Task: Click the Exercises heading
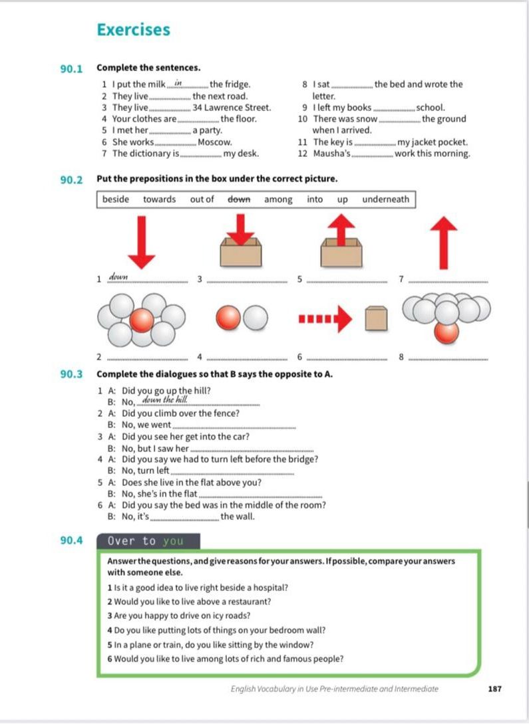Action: click(x=134, y=30)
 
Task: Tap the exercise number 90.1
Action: click(x=71, y=69)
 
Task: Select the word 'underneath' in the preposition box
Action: click(x=386, y=199)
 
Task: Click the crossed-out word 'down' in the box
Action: click(x=239, y=199)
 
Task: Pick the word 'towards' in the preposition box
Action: click(x=160, y=199)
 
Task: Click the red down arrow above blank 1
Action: click(x=141, y=242)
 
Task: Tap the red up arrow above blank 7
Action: click(x=444, y=243)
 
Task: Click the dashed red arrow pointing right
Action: click(x=325, y=318)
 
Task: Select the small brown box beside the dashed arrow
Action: click(x=376, y=318)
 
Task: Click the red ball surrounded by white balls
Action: click(x=141, y=320)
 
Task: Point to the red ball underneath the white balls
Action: click(x=446, y=332)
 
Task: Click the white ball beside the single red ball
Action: click(x=256, y=318)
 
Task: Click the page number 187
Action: click(x=494, y=689)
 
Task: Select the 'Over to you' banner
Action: click(x=148, y=541)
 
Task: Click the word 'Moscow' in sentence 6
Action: click(x=215, y=142)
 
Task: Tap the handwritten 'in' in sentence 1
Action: click(x=179, y=84)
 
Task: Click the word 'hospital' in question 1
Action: click(x=271, y=588)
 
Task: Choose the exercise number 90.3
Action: click(x=71, y=374)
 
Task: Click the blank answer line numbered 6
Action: click(x=347, y=359)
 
